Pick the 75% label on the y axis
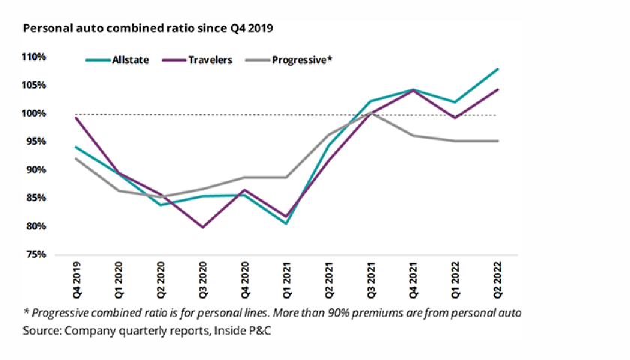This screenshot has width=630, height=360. click(36, 255)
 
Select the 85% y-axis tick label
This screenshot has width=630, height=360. click(36, 199)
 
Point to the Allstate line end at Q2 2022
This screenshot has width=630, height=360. click(499, 69)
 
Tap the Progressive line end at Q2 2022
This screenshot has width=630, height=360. click(499, 141)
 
